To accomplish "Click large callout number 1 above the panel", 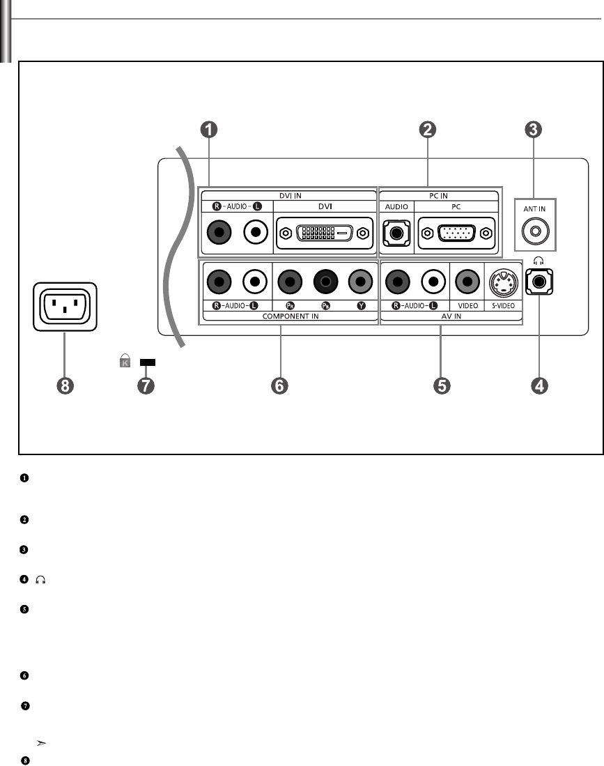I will (x=209, y=130).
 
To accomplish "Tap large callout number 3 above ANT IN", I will (x=534, y=130).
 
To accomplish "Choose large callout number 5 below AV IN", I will (x=441, y=385).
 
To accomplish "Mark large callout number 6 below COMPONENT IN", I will (x=280, y=385).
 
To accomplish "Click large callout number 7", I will (x=146, y=385).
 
